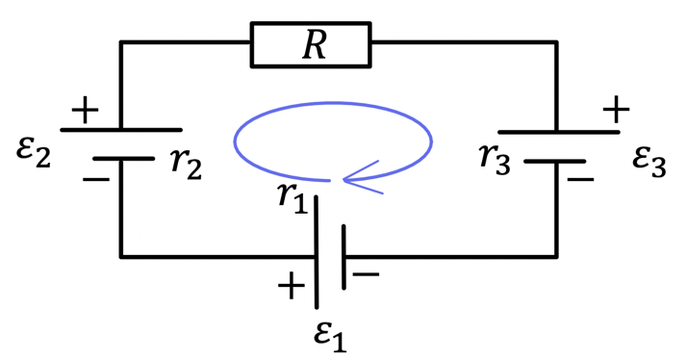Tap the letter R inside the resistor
(315, 45)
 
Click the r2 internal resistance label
(187, 163)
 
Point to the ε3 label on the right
(649, 162)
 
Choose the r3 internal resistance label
(495, 158)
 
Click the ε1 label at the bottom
(330, 337)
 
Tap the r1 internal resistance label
(293, 198)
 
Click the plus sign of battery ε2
(85, 110)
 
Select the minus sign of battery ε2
(96, 179)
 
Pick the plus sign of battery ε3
(616, 109)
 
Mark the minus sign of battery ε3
(580, 179)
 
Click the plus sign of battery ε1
(292, 286)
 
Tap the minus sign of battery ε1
(366, 274)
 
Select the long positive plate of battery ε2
(121, 130)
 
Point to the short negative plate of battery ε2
(123, 158)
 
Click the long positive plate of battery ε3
(559, 132)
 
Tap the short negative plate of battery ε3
(555, 162)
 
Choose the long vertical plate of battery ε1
(317, 252)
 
